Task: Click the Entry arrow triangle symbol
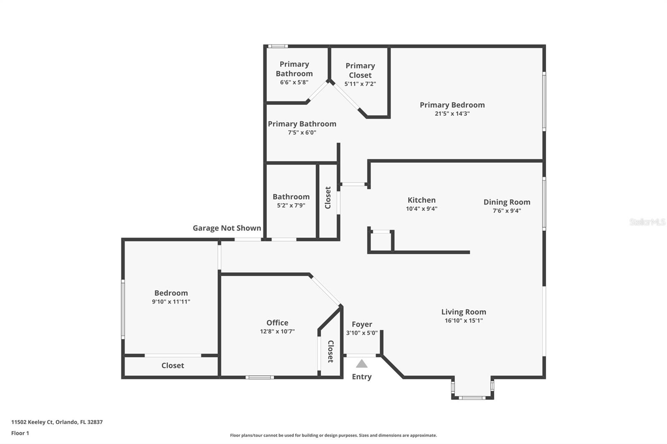tap(361, 364)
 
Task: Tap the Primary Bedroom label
tap(452, 105)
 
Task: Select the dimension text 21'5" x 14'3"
tap(452, 114)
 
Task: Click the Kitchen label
tap(421, 200)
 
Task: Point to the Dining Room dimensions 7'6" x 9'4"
tap(507, 211)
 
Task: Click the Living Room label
tap(464, 312)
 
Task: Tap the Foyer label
tap(361, 324)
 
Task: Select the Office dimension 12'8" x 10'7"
tap(277, 332)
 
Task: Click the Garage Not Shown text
tap(227, 228)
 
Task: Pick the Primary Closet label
tap(360, 70)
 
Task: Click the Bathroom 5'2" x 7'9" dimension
tap(291, 205)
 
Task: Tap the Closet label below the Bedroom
tap(173, 365)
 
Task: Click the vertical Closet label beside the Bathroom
tap(328, 197)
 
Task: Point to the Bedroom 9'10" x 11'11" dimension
tap(171, 302)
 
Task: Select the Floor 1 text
tap(20, 433)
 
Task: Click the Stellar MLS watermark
tap(647, 222)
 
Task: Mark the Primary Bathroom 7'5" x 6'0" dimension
tap(302, 133)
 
